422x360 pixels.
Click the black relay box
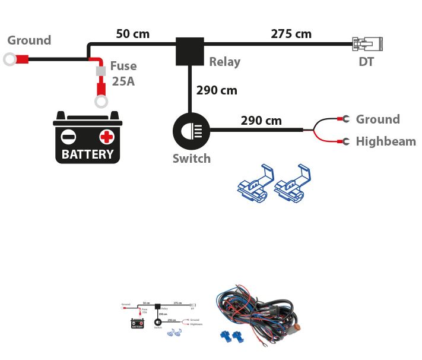(190, 50)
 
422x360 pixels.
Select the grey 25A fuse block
(101, 72)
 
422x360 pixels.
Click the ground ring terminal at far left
(10, 59)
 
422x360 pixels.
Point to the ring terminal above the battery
(101, 101)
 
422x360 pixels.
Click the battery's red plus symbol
(107, 137)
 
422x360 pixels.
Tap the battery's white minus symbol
(69, 137)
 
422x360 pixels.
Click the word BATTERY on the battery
(88, 154)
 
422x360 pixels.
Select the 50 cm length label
(133, 34)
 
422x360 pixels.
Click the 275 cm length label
(291, 34)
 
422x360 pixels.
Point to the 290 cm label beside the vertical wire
(217, 90)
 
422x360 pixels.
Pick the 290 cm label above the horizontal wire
(261, 121)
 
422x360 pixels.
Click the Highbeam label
(386, 141)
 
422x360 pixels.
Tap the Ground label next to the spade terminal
(377, 119)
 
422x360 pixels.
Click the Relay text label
(224, 61)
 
